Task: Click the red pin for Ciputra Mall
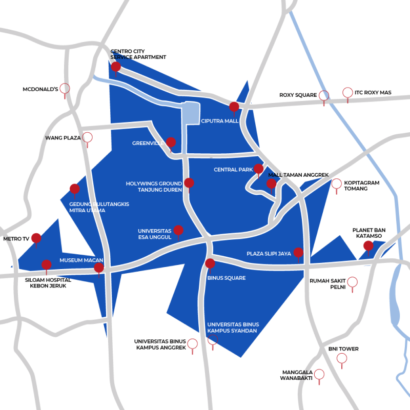[x=234, y=107]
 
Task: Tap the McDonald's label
[x=40, y=89]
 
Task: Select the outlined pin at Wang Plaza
[x=88, y=137]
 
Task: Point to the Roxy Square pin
[x=323, y=95]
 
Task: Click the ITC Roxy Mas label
[x=373, y=93]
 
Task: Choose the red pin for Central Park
[x=258, y=169]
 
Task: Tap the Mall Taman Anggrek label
[x=298, y=175]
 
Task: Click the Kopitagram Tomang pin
[x=336, y=184]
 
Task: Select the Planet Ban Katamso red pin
[x=368, y=246]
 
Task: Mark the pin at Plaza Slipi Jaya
[x=298, y=252]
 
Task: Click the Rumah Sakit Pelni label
[x=327, y=284]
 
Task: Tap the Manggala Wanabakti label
[x=297, y=376]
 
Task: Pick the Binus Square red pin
[x=210, y=263]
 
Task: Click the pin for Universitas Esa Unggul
[x=178, y=230]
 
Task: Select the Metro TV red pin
[x=36, y=238]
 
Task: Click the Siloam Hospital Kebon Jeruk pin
[x=46, y=264]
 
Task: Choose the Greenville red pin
[x=171, y=142]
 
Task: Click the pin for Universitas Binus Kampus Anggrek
[x=192, y=344]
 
